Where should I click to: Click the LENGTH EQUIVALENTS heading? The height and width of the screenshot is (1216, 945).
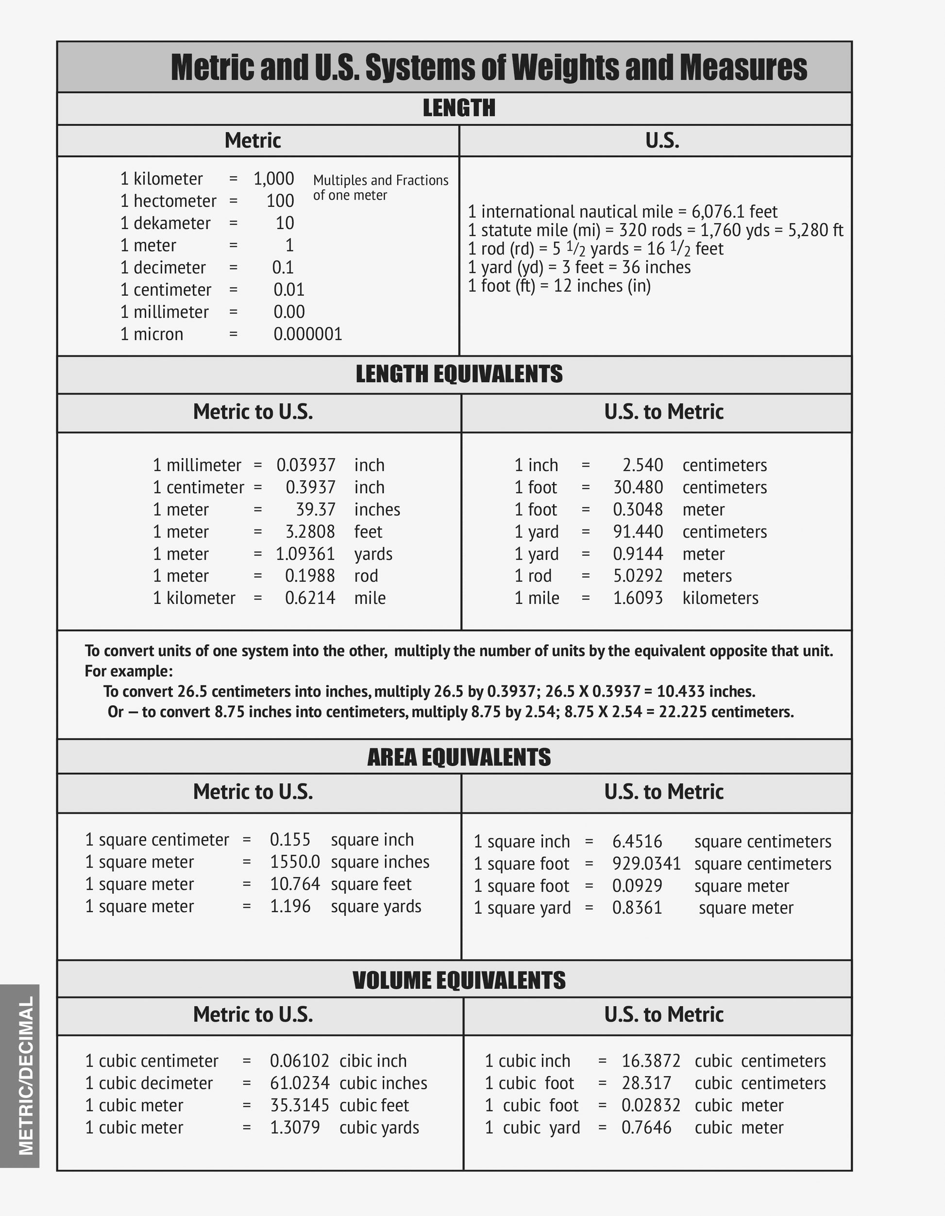[x=459, y=374]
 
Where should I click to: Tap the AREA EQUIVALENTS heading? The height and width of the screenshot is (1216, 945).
[x=459, y=757]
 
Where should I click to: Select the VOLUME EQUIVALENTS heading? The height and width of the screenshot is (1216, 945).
[x=459, y=980]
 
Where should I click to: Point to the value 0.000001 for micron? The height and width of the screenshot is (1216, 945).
[x=307, y=334]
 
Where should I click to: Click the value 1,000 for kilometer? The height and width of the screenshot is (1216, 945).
[x=273, y=179]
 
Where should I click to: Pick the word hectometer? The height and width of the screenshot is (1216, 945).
[x=174, y=201]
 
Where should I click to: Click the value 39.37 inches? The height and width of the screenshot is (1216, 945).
[x=315, y=509]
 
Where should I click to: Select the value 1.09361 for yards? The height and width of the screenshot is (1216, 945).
[x=305, y=554]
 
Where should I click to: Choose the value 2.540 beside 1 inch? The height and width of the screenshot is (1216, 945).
[x=642, y=465]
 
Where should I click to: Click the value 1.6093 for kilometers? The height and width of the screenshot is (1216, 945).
[x=638, y=598]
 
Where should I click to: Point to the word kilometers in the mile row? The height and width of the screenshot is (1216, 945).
[x=720, y=598]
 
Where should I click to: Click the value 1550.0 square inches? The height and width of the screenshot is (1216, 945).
[x=295, y=862]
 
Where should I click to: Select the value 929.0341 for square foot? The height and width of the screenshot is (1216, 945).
[x=646, y=864]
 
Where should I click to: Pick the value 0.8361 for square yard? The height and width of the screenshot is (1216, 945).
[x=637, y=908]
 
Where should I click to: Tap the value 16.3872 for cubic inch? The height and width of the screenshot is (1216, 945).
[x=650, y=1061]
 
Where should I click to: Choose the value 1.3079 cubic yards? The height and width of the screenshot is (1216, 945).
[x=295, y=1128]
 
